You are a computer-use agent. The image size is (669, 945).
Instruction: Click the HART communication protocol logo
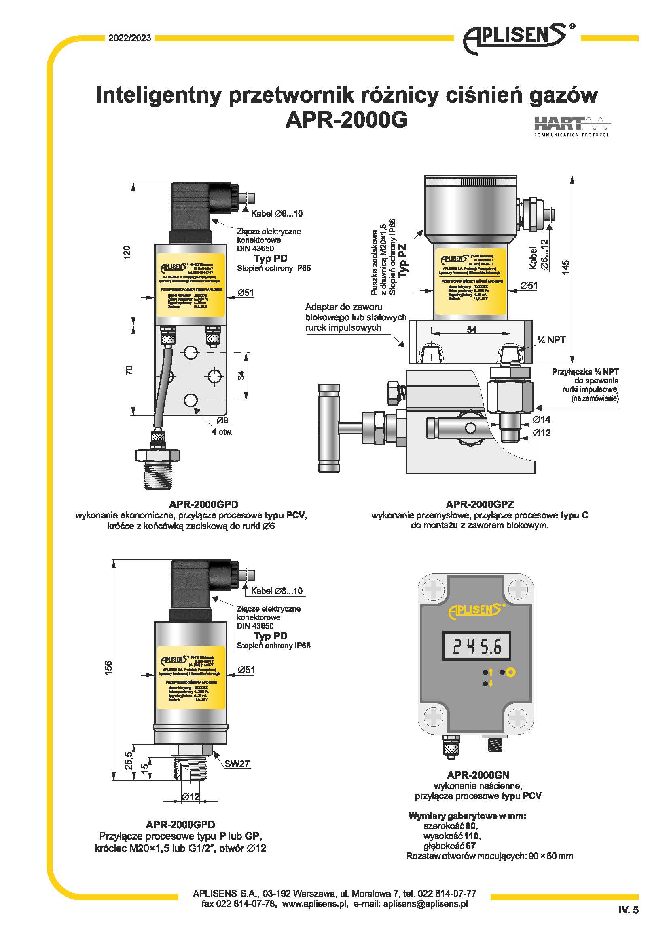[x=572, y=126]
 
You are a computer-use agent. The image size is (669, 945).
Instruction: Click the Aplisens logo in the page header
[x=515, y=38]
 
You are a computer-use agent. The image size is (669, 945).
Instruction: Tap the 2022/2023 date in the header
[x=130, y=38]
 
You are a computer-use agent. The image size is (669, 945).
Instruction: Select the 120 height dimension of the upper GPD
[x=127, y=252]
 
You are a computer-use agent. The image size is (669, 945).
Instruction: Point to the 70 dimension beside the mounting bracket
[x=129, y=370]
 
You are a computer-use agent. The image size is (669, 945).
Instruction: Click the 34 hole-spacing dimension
[x=241, y=375]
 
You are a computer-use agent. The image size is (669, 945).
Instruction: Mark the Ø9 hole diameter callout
[x=222, y=421]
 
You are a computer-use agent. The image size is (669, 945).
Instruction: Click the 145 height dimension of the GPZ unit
[x=565, y=267]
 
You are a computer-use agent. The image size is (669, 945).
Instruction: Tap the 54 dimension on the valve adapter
[x=471, y=330]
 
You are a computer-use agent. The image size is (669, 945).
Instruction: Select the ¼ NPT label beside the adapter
[x=551, y=339]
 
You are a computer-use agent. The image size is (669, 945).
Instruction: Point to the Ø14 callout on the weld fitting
[x=541, y=419]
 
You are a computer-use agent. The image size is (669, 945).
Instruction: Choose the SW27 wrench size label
[x=237, y=764]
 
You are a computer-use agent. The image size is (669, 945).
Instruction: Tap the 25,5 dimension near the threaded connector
[x=128, y=760]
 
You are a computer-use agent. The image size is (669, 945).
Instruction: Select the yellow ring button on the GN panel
[x=511, y=673]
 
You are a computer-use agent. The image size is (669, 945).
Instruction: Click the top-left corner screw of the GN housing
[x=433, y=589]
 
